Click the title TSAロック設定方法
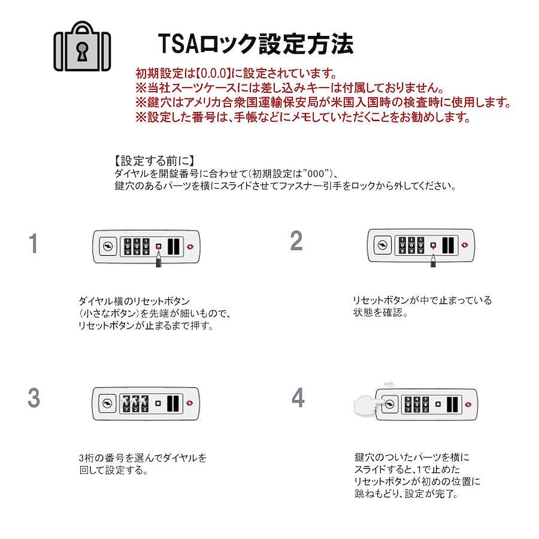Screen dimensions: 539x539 pos(256,44)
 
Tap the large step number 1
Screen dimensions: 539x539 pos(34,243)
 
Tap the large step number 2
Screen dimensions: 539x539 pos(296,241)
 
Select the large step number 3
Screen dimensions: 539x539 pos(34,398)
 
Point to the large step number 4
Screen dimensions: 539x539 pos(298,398)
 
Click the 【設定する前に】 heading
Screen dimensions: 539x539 pos(155,161)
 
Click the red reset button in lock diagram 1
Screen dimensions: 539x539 pos(159,247)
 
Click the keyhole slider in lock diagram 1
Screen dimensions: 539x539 pos(108,247)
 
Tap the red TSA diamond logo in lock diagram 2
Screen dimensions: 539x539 pos(465,245)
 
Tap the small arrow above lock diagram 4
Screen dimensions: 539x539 pos(389,384)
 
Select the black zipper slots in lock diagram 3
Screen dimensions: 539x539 pos(173,404)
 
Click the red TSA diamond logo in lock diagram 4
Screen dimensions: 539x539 pos(468,405)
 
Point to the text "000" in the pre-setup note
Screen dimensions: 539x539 pos(316,174)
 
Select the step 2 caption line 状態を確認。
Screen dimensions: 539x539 pos(380,313)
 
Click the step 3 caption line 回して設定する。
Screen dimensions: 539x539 pos(113,470)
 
